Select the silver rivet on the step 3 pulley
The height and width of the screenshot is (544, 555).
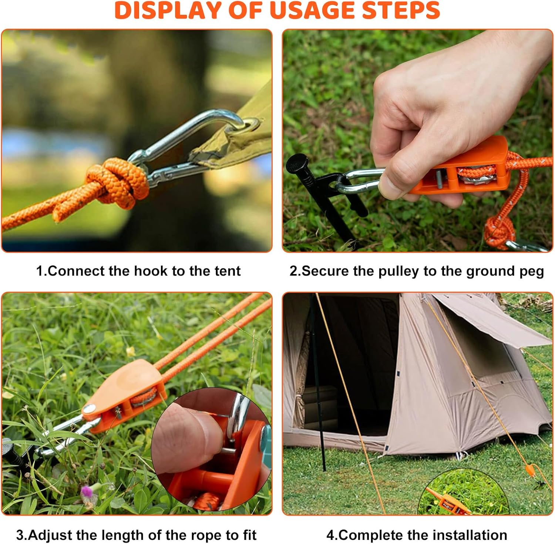89,409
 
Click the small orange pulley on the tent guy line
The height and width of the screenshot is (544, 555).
530,470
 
